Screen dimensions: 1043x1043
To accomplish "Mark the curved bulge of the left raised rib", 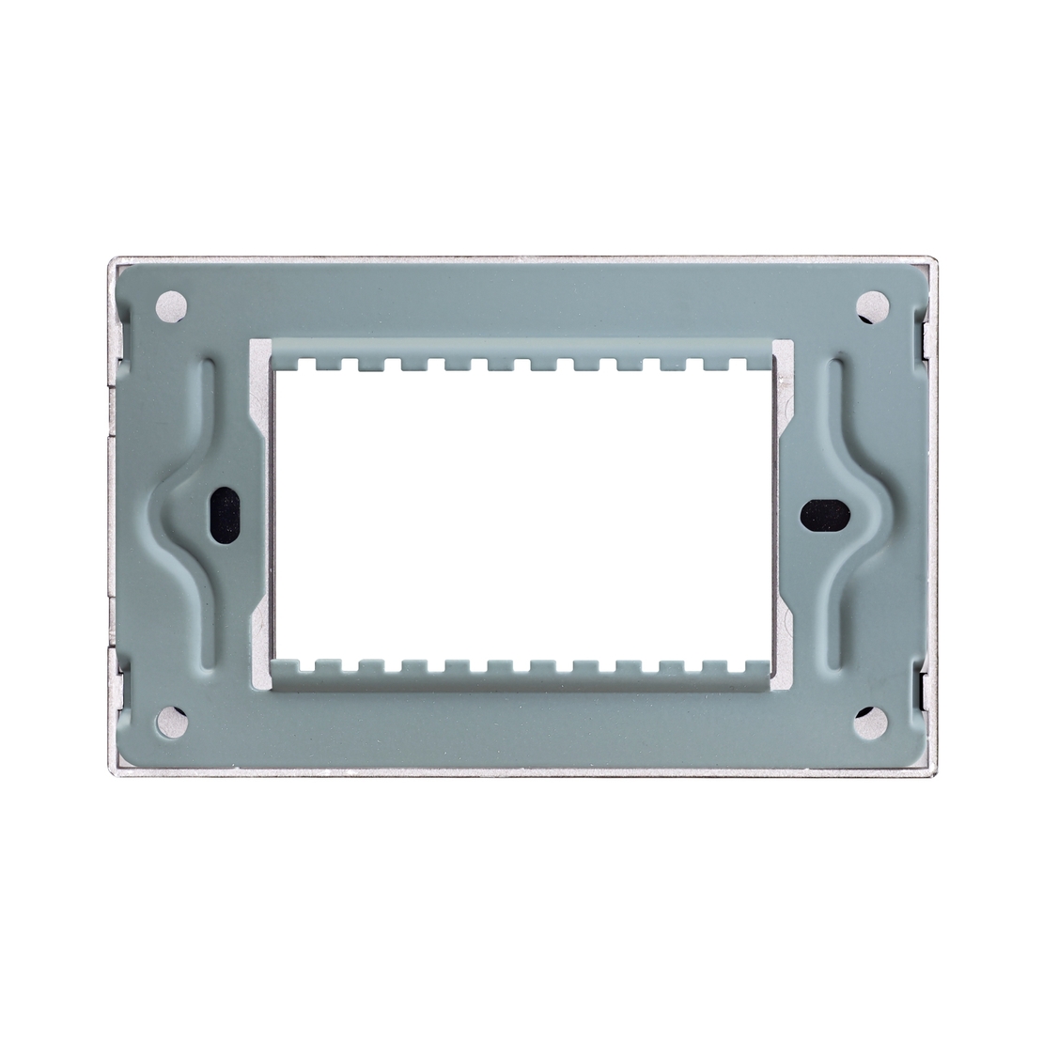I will coord(176,512).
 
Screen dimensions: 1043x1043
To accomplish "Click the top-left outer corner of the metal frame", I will coord(113,258).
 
